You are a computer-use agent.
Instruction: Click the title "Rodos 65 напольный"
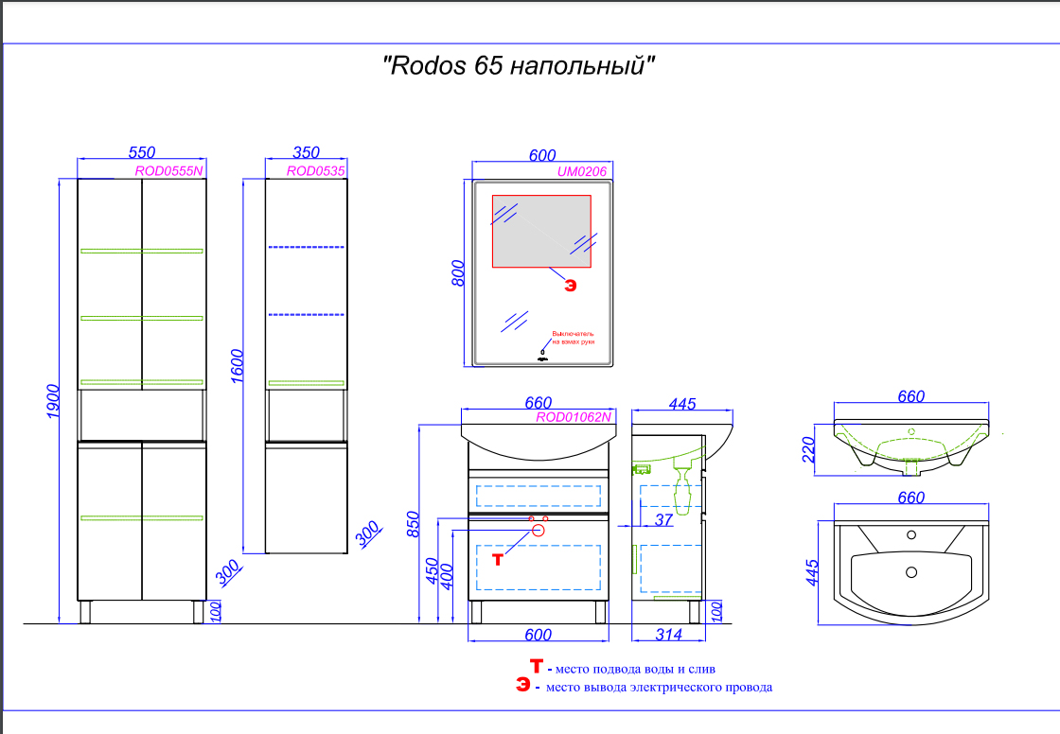click(519, 67)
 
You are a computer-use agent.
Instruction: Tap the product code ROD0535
click(315, 171)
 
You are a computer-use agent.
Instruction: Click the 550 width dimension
click(141, 151)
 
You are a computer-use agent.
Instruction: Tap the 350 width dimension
click(306, 151)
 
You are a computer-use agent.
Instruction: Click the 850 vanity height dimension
click(413, 523)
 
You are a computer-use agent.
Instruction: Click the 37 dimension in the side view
click(663, 519)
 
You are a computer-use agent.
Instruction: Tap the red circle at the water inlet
click(539, 530)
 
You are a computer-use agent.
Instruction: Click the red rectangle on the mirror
click(540, 231)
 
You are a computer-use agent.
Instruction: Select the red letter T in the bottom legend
click(537, 667)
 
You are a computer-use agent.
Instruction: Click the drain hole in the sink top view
click(911, 571)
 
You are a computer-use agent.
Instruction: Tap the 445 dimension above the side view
click(681, 404)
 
